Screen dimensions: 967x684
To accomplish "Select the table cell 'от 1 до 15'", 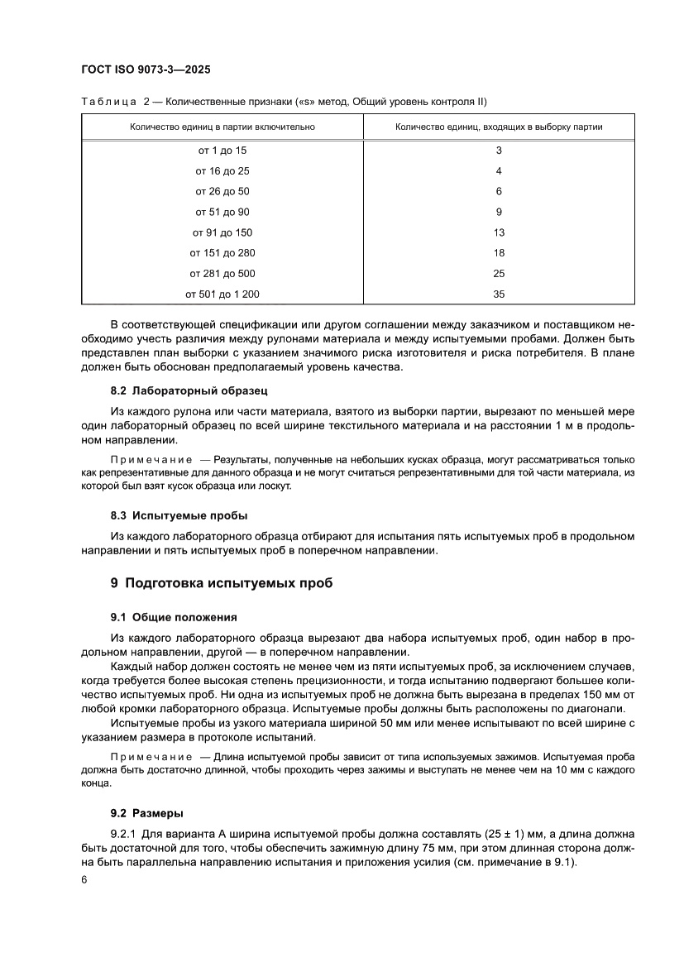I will [x=222, y=151].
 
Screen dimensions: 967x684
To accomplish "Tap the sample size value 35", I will [x=499, y=294].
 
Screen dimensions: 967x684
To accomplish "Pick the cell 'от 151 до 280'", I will [x=222, y=252].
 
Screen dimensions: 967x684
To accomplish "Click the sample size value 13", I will [x=499, y=232].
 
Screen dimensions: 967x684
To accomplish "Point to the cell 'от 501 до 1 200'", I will [x=222, y=294].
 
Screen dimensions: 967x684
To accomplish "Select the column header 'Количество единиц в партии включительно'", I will [x=222, y=127].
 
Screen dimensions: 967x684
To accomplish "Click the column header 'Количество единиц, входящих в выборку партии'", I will [x=499, y=127].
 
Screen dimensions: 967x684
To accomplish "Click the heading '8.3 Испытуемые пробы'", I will [x=179, y=515].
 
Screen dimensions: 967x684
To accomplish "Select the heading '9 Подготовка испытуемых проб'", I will [x=222, y=583].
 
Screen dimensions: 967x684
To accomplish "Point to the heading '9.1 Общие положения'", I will [x=174, y=617].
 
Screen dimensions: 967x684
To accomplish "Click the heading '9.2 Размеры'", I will [x=147, y=812].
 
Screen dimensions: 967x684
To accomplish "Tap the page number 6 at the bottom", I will [x=84, y=881].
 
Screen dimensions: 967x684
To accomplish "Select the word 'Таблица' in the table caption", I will [x=108, y=102].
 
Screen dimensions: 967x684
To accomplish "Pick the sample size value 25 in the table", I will [x=499, y=273].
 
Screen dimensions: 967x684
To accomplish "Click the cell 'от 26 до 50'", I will [x=222, y=191].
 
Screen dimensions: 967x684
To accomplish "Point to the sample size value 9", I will [x=499, y=212].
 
